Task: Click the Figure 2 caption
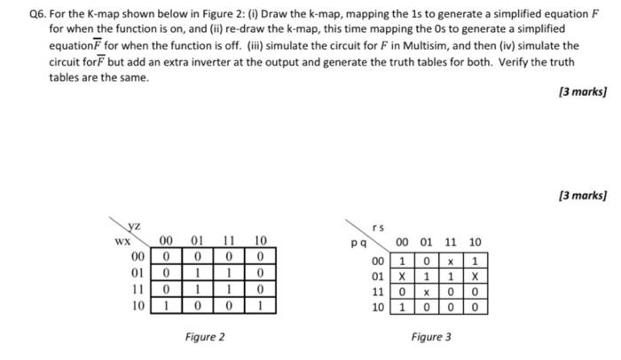coord(205,337)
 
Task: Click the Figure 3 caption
coord(431,337)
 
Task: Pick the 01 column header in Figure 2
coord(196,240)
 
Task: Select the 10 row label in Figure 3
coord(379,309)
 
